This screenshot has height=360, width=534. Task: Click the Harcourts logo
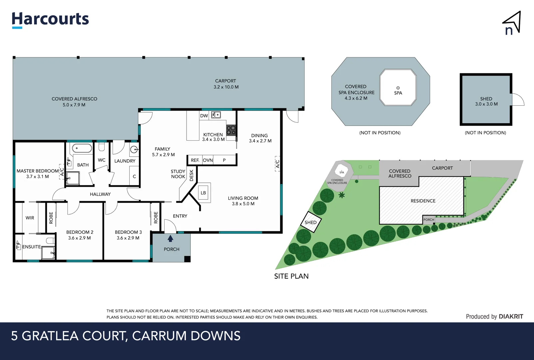pyautogui.click(x=50, y=19)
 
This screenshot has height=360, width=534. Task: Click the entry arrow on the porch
pyautogui.click(x=170, y=239)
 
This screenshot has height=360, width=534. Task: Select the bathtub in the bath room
pyautogui.click(x=82, y=148)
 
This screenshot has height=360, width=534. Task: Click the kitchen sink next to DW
pyautogui.click(x=216, y=115)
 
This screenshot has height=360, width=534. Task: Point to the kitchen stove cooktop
pyautogui.click(x=231, y=130)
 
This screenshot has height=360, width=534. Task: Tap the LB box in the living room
pyautogui.click(x=203, y=193)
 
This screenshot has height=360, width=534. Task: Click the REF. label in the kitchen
pyautogui.click(x=195, y=160)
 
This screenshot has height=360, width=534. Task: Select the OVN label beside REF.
pyautogui.click(x=208, y=160)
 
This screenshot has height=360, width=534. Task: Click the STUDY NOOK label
pyautogui.click(x=178, y=174)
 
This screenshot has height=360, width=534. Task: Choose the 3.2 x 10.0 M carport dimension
pyautogui.click(x=226, y=87)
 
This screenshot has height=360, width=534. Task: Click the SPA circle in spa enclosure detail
pyautogui.click(x=398, y=88)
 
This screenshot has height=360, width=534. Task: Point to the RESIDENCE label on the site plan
pyautogui.click(x=423, y=201)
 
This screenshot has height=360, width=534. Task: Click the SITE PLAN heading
pyautogui.click(x=291, y=276)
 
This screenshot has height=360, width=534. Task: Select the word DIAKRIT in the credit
pyautogui.click(x=511, y=317)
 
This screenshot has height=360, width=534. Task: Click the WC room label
pyautogui.click(x=102, y=160)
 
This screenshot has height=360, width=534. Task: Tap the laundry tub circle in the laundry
pyautogui.click(x=134, y=149)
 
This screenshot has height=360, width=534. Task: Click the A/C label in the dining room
pyautogui.click(x=277, y=164)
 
